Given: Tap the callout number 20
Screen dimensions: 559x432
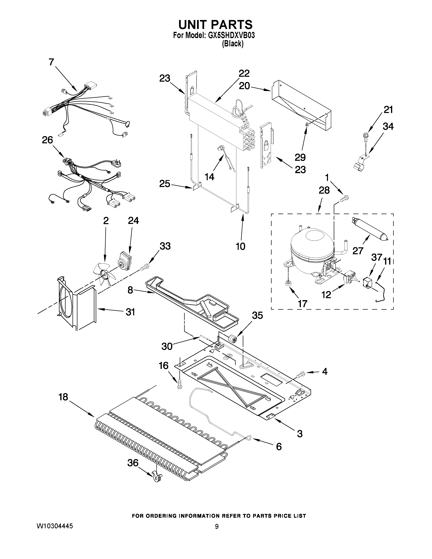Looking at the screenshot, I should (x=244, y=86).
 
